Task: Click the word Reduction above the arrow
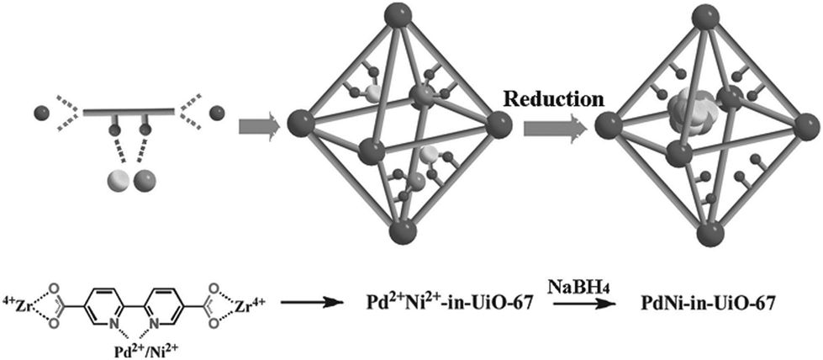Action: pos(551,99)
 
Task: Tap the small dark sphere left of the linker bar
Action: pos(43,113)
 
